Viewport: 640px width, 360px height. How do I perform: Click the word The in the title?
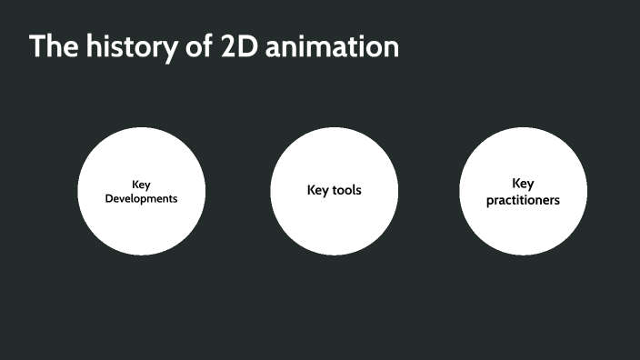53,46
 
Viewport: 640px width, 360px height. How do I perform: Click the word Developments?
141,198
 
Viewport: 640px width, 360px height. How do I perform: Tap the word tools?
347,191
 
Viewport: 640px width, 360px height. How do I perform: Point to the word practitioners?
523,199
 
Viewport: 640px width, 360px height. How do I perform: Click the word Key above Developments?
141,185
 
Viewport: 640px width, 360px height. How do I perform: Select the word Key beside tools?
318,191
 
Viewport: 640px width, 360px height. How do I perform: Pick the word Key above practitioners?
523,183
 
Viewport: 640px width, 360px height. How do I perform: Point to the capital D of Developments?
109,198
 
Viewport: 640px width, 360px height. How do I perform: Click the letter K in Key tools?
311,191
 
